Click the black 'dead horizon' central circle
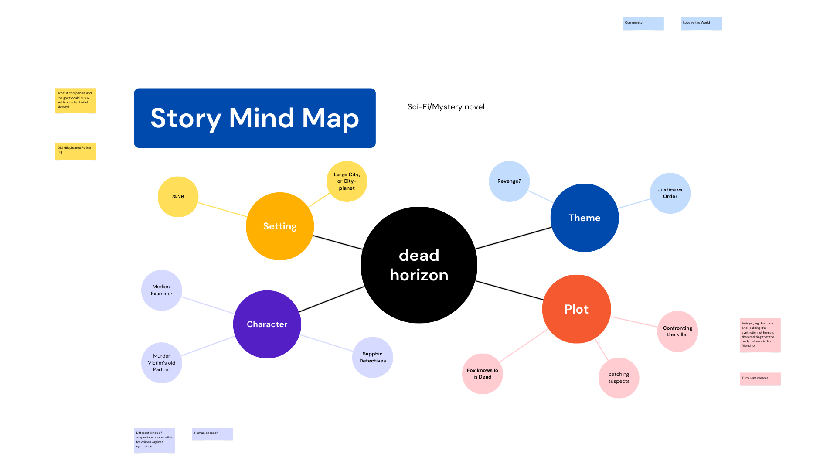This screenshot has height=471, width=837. tap(419, 265)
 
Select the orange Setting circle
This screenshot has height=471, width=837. tap(280, 226)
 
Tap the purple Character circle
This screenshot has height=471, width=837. tap(267, 324)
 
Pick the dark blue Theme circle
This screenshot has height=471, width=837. tap(585, 218)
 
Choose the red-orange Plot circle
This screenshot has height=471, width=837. tap(576, 309)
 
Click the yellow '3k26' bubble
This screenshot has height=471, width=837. tap(178, 197)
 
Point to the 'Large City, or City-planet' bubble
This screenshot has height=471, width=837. tap(347, 181)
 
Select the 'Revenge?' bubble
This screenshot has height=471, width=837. tap(509, 181)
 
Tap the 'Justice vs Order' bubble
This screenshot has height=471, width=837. tap(670, 193)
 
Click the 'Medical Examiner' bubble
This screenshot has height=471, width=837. tap(162, 290)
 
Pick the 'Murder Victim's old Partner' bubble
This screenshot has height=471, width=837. tap(162, 363)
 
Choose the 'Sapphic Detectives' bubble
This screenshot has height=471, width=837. tap(373, 357)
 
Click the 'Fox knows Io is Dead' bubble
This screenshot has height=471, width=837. tap(483, 374)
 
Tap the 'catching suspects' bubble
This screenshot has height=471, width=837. tap(619, 378)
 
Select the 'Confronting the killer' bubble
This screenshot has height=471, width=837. tap(677, 331)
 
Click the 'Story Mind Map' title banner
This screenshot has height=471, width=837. tap(255, 118)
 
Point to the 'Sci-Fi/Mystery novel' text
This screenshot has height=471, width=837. tap(446, 107)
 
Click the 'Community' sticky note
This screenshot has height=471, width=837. tap(643, 24)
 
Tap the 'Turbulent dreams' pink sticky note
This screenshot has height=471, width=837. tap(760, 379)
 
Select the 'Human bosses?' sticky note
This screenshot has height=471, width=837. tap(213, 434)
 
